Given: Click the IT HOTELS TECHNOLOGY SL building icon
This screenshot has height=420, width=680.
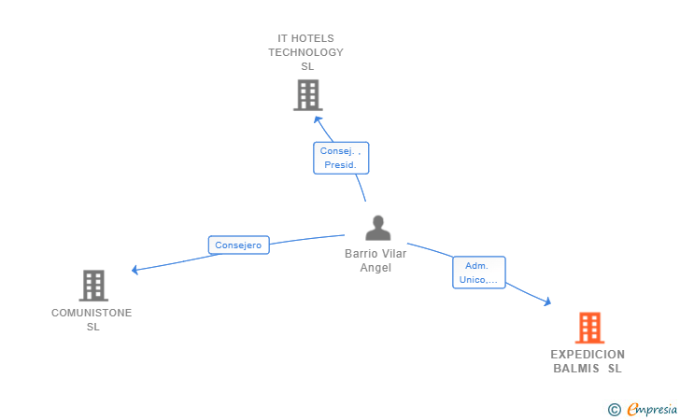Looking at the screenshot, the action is click(308, 95).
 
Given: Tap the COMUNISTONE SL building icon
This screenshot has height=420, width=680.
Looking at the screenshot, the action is click(93, 286).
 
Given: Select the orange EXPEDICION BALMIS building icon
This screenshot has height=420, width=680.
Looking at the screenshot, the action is click(589, 328).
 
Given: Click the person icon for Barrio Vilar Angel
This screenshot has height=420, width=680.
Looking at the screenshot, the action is click(378, 228).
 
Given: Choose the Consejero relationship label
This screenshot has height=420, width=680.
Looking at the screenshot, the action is click(238, 245).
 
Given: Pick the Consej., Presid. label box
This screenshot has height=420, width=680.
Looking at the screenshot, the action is click(341, 158).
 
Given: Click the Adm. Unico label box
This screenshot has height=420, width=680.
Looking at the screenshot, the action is click(479, 273).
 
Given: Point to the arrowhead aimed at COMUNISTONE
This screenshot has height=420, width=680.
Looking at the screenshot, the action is click(135, 270).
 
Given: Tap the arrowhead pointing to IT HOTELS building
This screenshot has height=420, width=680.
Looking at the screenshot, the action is click(318, 119).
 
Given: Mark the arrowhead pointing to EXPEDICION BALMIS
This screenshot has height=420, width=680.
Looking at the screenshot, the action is click(547, 301).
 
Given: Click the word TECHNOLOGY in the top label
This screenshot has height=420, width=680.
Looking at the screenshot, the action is click(305, 52).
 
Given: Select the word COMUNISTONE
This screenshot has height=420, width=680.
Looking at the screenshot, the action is click(92, 313).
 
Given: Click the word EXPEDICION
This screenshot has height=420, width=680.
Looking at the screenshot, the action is click(588, 355).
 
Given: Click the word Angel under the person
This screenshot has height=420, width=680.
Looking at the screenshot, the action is click(375, 268).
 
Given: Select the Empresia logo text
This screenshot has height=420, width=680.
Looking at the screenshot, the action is click(652, 409).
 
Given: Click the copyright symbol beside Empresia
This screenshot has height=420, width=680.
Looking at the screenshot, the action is click(614, 410).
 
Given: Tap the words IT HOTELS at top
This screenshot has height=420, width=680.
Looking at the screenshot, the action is click(305, 38).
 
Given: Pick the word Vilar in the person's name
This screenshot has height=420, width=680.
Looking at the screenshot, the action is click(393, 254).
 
